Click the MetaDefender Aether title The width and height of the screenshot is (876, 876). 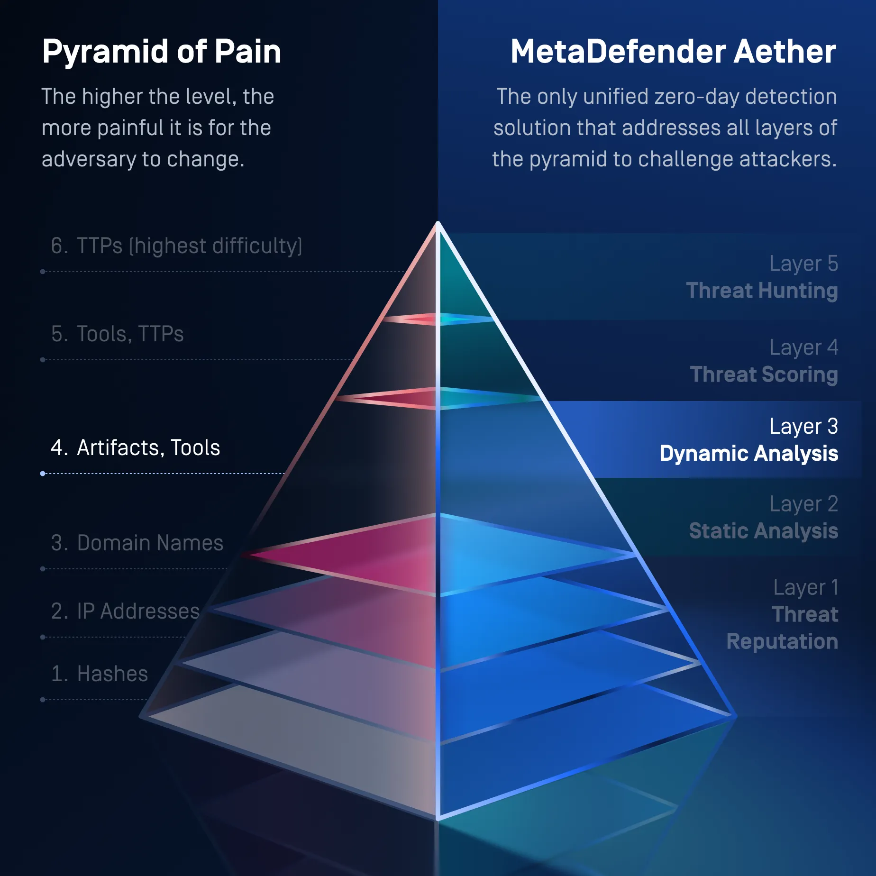click(x=673, y=51)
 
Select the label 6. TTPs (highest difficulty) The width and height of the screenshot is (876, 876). click(x=176, y=246)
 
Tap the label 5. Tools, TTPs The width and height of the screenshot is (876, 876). click(x=117, y=334)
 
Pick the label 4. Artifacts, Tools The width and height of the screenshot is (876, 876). click(x=136, y=448)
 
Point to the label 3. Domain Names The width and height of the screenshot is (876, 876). click(x=137, y=543)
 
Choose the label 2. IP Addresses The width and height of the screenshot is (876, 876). click(x=125, y=611)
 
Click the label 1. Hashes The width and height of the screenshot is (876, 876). click(x=100, y=674)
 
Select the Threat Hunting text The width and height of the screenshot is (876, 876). click(x=762, y=291)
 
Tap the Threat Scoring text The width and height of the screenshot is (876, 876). click(x=764, y=375)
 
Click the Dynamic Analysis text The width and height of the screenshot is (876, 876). click(x=749, y=454)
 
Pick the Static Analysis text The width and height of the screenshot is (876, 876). click(x=764, y=531)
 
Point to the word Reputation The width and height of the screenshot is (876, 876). click(x=782, y=642)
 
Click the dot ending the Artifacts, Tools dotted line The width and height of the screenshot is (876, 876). click(x=43, y=474)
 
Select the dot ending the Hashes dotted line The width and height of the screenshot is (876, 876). click(x=43, y=700)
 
